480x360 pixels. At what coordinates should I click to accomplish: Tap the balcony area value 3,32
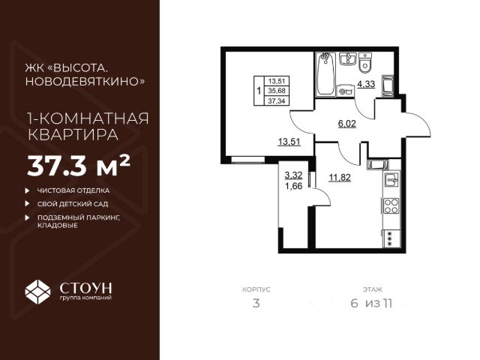click(292, 178)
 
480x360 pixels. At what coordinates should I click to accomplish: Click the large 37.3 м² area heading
click(79, 163)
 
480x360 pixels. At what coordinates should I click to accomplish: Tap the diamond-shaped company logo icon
click(38, 292)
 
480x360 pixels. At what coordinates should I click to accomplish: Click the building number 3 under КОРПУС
click(256, 304)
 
